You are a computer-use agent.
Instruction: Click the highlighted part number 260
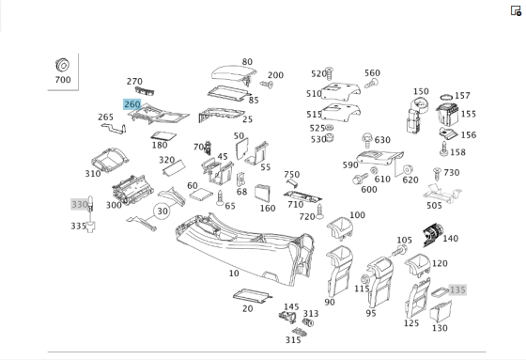point(132,104)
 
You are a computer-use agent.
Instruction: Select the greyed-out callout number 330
point(80,204)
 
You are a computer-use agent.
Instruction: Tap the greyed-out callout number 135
point(457,290)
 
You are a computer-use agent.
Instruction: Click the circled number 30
point(162,211)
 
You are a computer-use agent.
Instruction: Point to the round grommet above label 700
point(62,65)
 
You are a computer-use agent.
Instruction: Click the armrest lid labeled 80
point(234,74)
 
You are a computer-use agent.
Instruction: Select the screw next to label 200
point(267,85)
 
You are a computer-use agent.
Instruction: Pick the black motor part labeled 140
point(433,234)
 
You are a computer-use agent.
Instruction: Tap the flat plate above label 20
point(253,294)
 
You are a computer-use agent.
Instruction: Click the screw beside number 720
point(319,211)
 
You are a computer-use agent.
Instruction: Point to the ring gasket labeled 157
point(446,97)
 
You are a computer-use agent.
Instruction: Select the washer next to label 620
point(408,169)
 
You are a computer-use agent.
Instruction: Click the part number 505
point(434,205)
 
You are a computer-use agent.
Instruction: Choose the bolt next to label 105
point(399,251)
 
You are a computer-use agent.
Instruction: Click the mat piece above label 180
point(163,136)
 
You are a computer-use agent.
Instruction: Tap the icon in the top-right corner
point(516,10)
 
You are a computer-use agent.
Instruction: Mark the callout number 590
point(350,164)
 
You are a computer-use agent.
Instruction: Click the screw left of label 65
point(220,197)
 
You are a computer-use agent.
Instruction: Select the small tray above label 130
point(441,312)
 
